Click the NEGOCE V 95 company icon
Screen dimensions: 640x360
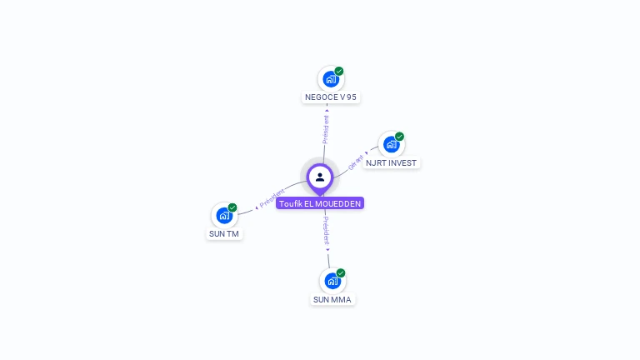coord(331,79)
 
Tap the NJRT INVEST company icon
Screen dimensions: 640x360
coord(391,144)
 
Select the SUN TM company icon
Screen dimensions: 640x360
coord(223,215)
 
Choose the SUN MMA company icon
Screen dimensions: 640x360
coord(332,281)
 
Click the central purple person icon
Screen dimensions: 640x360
coord(320,177)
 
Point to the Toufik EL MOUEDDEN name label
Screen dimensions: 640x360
coord(320,203)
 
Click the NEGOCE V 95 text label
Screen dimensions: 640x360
coord(331,97)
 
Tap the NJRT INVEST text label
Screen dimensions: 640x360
coord(392,163)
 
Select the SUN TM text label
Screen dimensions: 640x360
coord(223,234)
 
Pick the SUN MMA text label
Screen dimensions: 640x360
coord(332,300)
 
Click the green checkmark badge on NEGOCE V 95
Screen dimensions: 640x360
coord(339,71)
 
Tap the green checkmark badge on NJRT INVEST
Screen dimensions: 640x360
coord(399,136)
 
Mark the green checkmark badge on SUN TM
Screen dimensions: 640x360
coord(232,207)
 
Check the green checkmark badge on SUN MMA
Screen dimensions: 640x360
coord(341,272)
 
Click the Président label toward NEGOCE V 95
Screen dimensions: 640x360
coord(326,128)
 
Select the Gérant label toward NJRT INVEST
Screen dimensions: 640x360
coord(356,161)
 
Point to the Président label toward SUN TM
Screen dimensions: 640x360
coord(272,198)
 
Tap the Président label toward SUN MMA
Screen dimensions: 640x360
coord(326,230)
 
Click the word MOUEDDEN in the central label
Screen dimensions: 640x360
coord(340,203)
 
